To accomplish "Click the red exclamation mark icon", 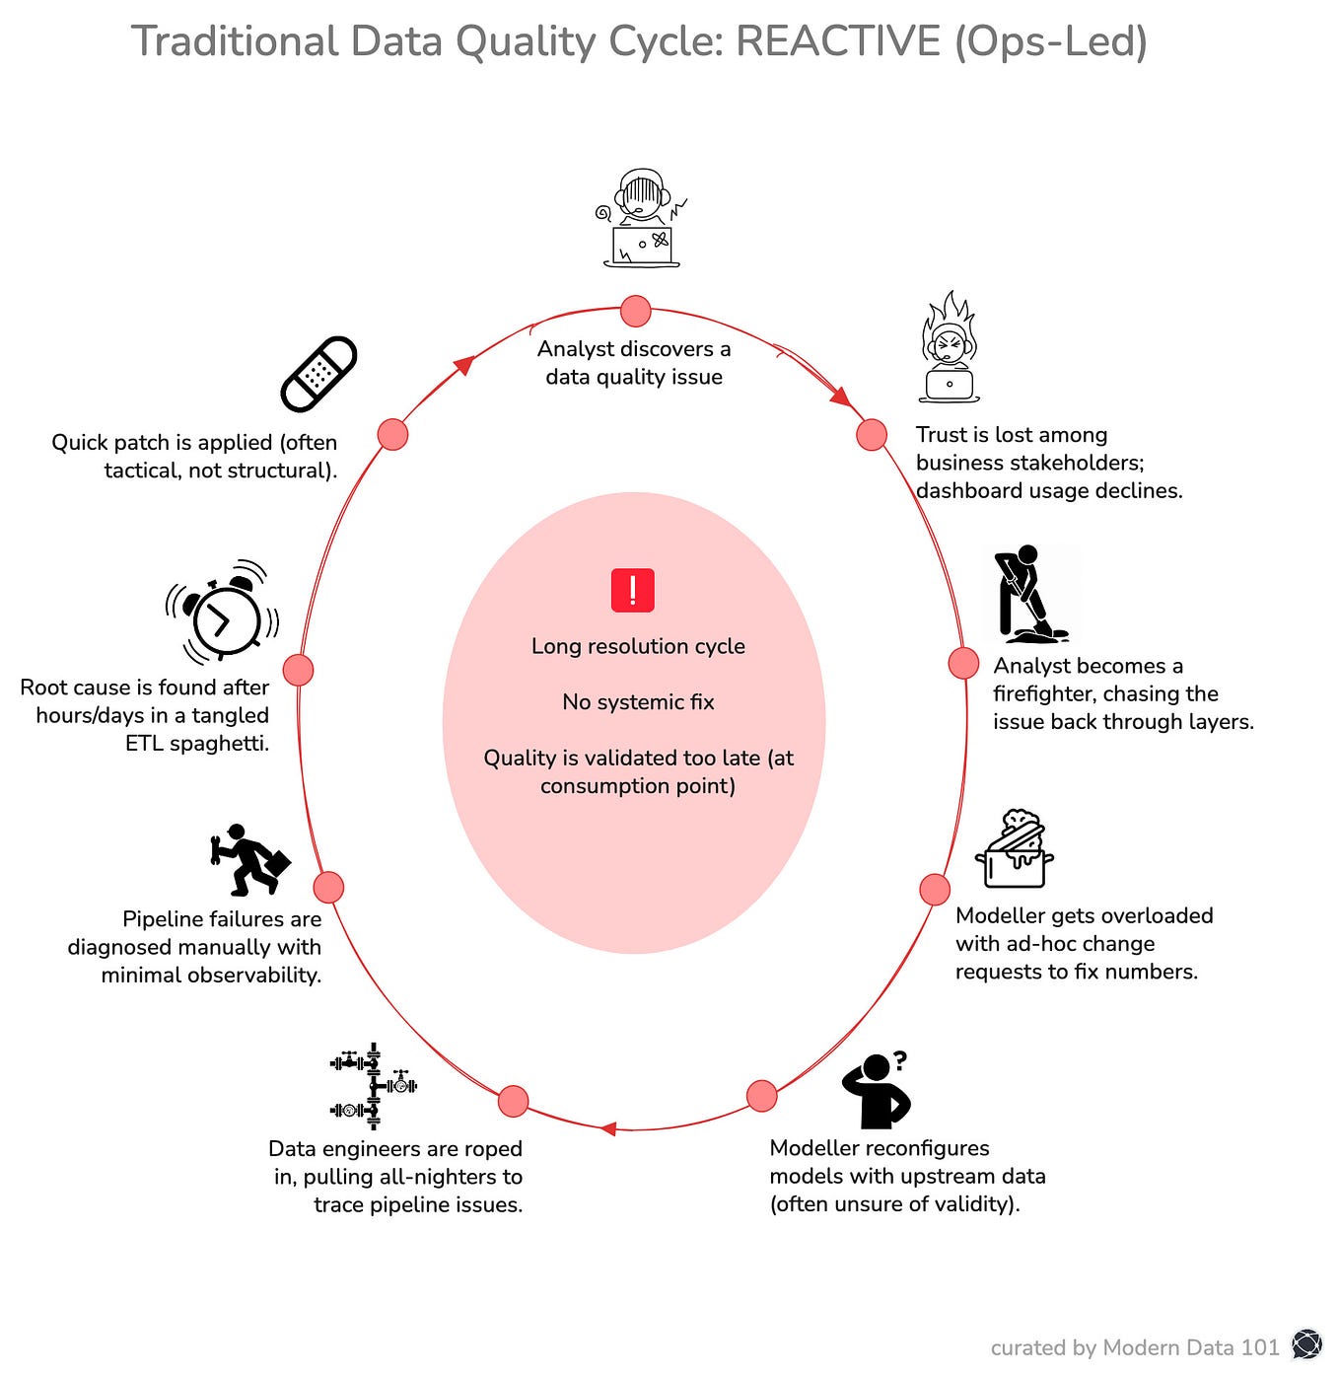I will (633, 591).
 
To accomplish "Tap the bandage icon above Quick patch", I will (318, 375).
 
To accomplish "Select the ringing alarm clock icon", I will (223, 614).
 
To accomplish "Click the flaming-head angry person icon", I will (949, 348).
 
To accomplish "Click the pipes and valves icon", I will (372, 1086).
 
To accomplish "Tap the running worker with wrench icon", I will (250, 859).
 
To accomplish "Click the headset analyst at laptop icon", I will (641, 218).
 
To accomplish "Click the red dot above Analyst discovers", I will (636, 311).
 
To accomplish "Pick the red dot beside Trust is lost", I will (872, 434).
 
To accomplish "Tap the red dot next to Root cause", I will (298, 670).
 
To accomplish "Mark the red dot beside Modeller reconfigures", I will (762, 1096).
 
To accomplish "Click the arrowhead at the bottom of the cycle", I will (608, 1128).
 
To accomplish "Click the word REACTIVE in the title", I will (839, 42).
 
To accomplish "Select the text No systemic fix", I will (638, 702).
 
